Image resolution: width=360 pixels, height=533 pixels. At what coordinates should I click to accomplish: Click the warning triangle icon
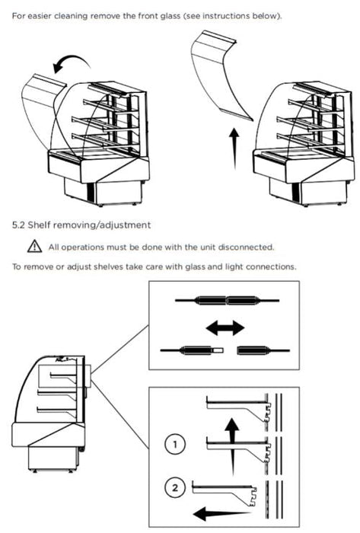pyautogui.click(x=34, y=246)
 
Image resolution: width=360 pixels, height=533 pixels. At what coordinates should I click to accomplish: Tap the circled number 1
pyautogui.click(x=175, y=444)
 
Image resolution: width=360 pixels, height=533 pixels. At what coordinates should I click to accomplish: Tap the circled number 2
pyautogui.click(x=175, y=488)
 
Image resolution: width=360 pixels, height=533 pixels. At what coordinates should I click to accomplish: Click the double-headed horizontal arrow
pyautogui.click(x=225, y=328)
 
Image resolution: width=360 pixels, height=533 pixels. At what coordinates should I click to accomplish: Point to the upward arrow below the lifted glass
pyautogui.click(x=234, y=148)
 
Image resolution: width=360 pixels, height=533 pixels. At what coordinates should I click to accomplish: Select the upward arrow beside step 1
pyautogui.click(x=232, y=445)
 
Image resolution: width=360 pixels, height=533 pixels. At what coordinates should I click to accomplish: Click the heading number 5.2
pyautogui.click(x=19, y=225)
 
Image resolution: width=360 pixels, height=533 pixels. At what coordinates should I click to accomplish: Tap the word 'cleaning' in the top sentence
pyautogui.click(x=71, y=16)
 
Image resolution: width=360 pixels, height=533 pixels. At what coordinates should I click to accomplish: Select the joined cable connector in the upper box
pyautogui.click(x=227, y=301)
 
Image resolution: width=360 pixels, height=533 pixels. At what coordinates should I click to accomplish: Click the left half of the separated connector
pyautogui.click(x=192, y=350)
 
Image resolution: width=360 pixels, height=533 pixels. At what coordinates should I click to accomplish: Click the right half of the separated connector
pyautogui.click(x=263, y=350)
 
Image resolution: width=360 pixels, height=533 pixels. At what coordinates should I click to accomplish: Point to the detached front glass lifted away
pyautogui.click(x=218, y=75)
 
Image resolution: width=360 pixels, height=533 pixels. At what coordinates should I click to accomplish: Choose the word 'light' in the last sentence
pyautogui.click(x=234, y=266)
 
